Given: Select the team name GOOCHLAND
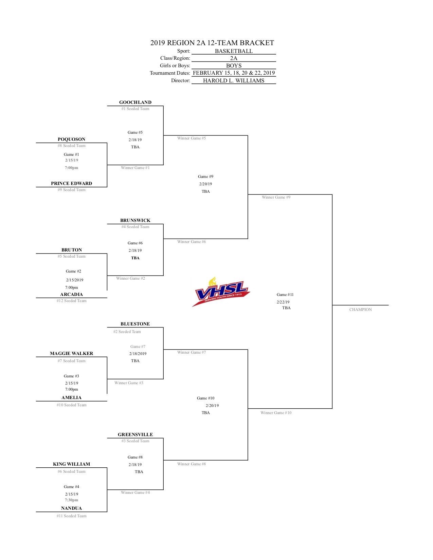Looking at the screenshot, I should coord(135,102).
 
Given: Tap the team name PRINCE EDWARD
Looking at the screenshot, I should coord(71,183).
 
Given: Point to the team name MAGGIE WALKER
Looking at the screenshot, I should coord(71,353).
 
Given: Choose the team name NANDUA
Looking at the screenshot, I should coord(71,508).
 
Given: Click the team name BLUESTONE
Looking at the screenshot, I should coord(135,324).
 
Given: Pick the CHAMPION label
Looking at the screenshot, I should coord(360,310).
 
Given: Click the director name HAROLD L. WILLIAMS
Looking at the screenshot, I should coord(234,80).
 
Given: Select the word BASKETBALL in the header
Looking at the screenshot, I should coord(234,51).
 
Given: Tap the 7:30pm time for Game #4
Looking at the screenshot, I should coord(71,500).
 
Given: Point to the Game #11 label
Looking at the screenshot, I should coord(285,295).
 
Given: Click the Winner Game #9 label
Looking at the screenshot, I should coord(276,197).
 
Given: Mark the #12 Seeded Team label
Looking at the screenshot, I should coord(71,301).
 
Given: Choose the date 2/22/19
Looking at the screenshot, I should coord(283,302).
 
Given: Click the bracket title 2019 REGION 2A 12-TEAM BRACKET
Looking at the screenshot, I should coord(212,43).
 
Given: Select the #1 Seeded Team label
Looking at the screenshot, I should coord(135,109).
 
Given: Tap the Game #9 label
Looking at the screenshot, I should coord(205,176).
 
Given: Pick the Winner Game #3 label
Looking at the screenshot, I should coord(129,383).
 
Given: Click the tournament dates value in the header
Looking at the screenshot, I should coord(234,73).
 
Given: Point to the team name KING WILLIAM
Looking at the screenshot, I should coord(71,464).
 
